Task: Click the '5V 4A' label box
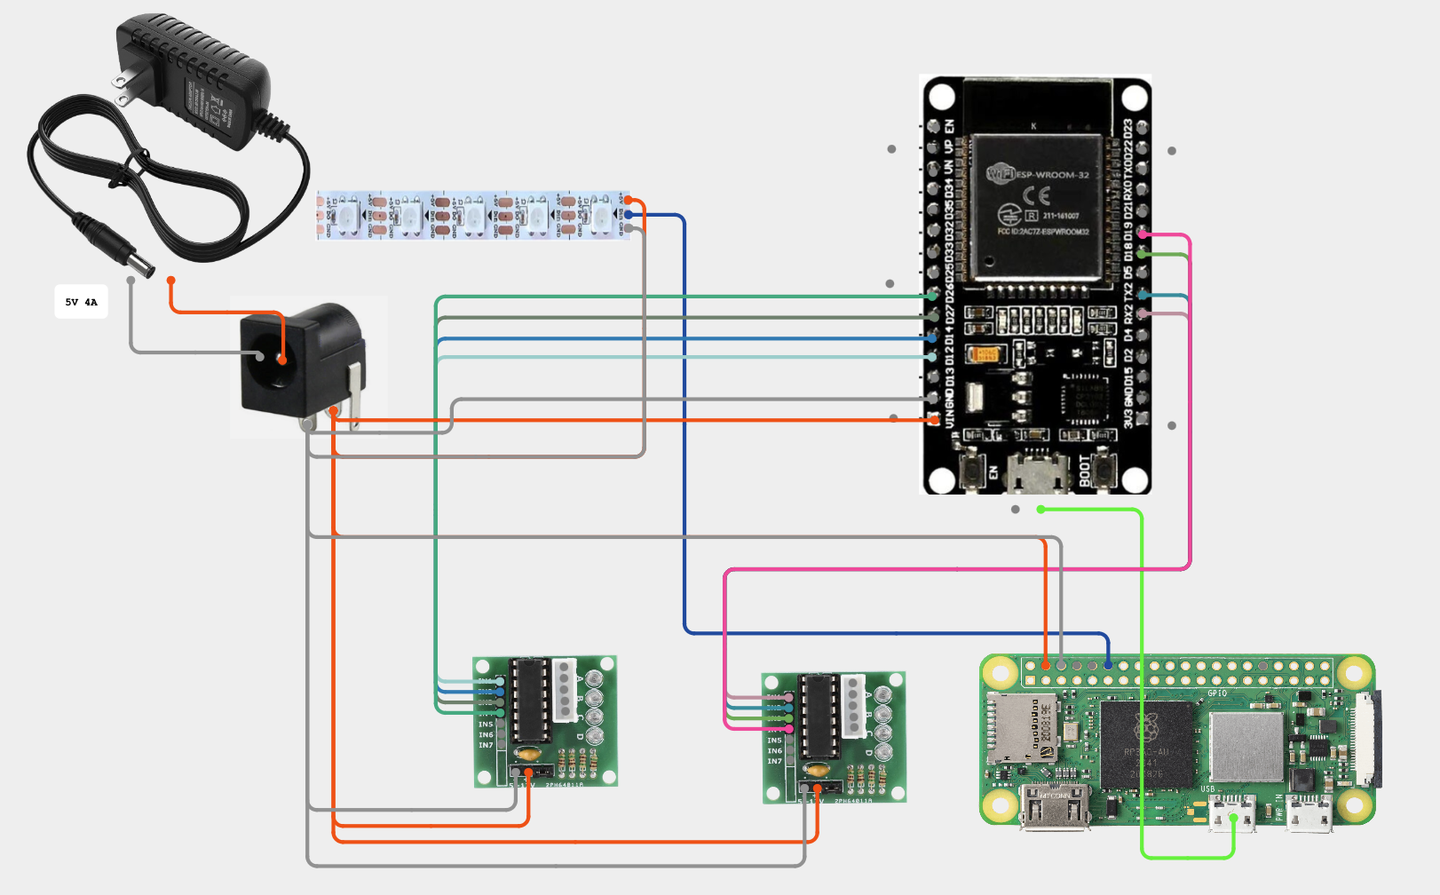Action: pos(81,302)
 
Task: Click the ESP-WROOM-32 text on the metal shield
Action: pos(1051,175)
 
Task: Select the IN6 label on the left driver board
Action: pos(486,735)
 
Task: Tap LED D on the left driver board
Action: pos(594,735)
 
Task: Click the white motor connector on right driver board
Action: pos(853,706)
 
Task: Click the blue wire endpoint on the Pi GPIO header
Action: pos(1108,664)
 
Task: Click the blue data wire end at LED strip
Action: pos(629,214)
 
